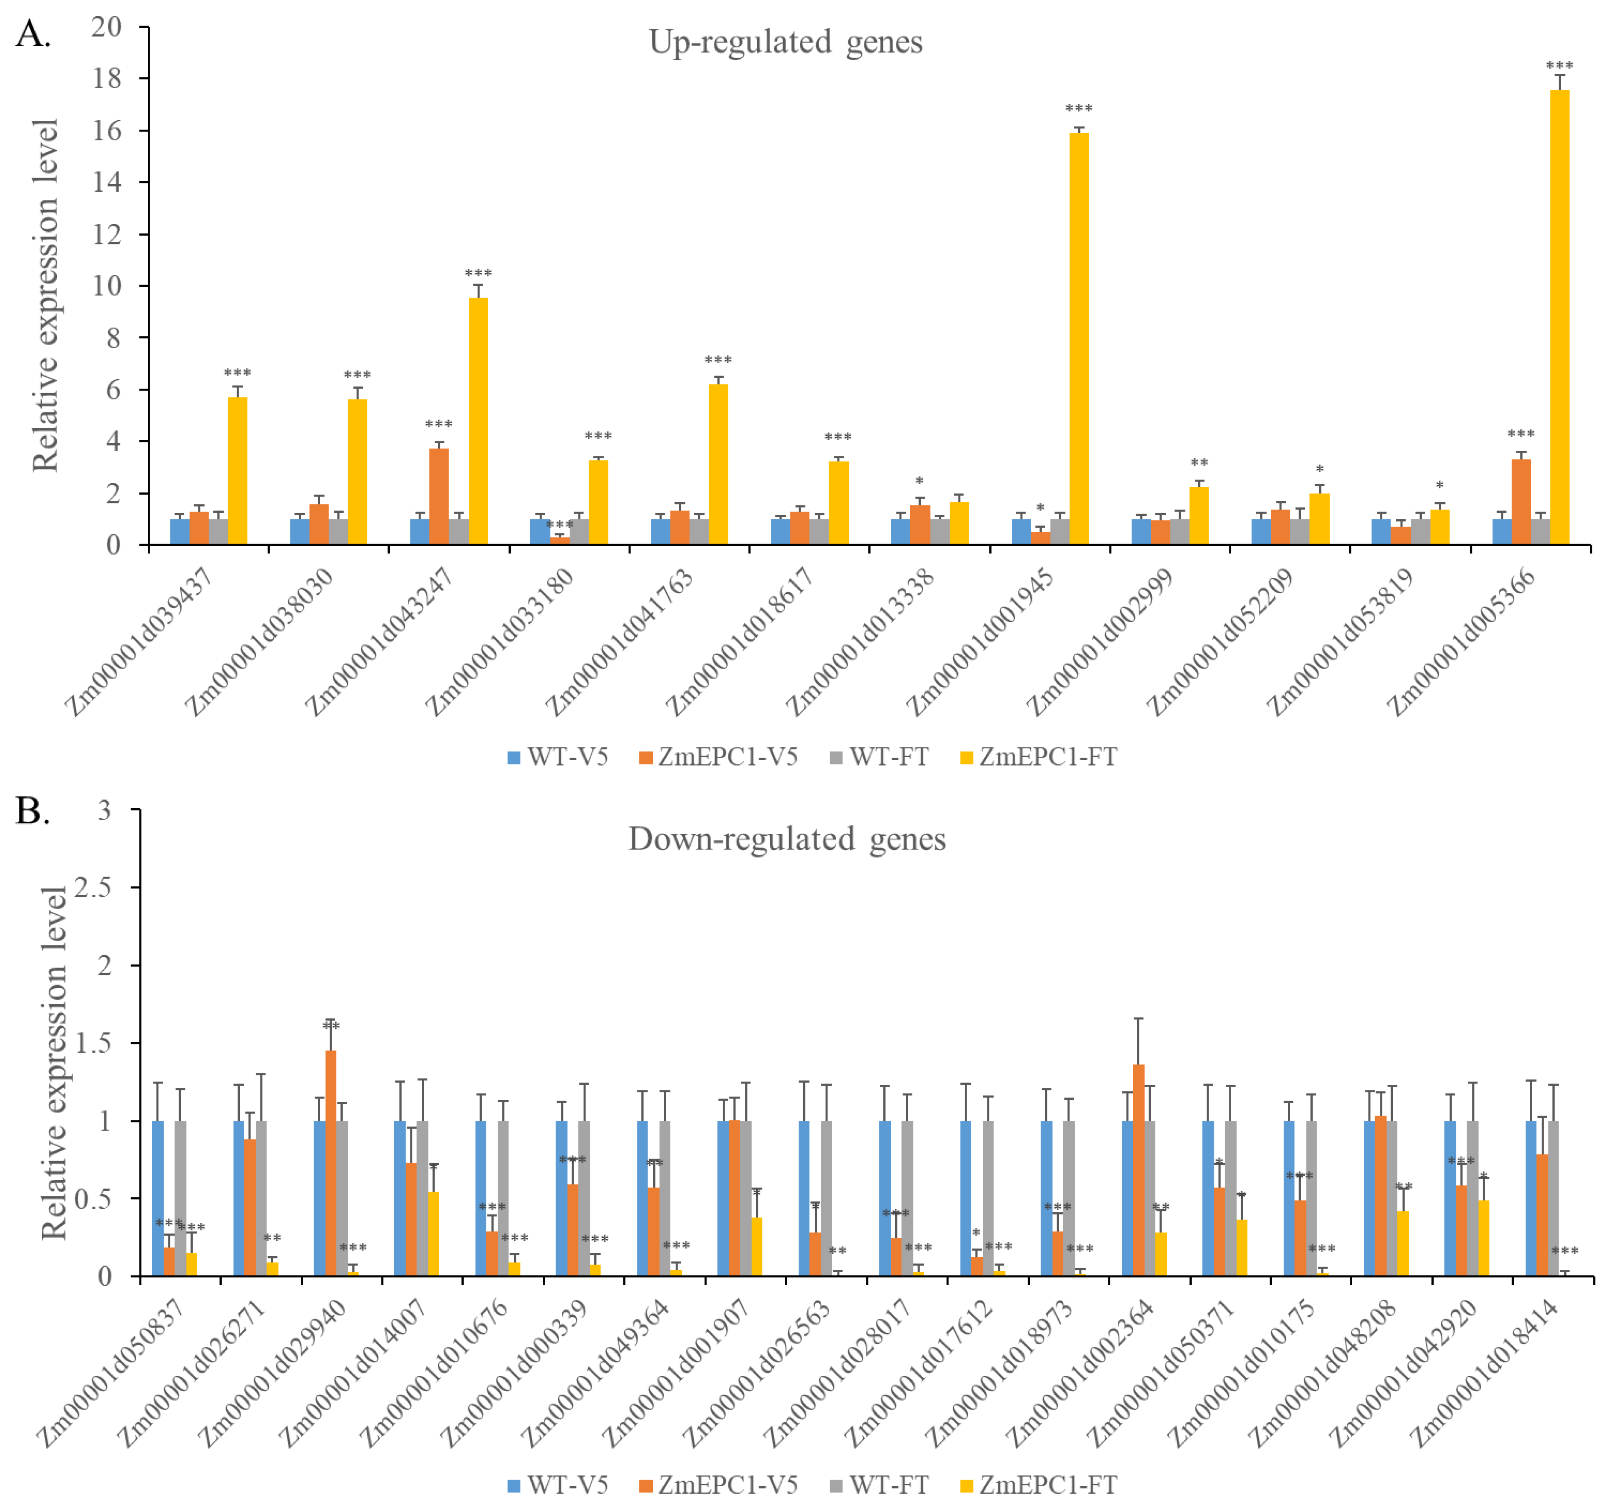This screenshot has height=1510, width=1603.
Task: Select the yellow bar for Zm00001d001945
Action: (x=1079, y=339)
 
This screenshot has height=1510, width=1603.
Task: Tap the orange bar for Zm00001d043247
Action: (x=439, y=496)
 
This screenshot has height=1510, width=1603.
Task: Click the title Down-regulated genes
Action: (x=786, y=839)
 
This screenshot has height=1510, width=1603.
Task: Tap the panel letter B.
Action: (x=32, y=811)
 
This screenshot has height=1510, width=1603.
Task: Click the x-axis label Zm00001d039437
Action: (x=141, y=641)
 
